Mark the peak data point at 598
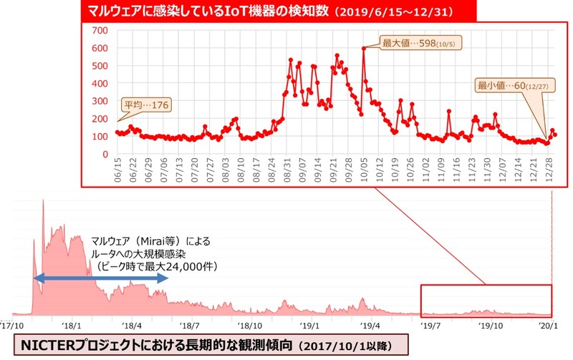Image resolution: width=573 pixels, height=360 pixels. (364, 49)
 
